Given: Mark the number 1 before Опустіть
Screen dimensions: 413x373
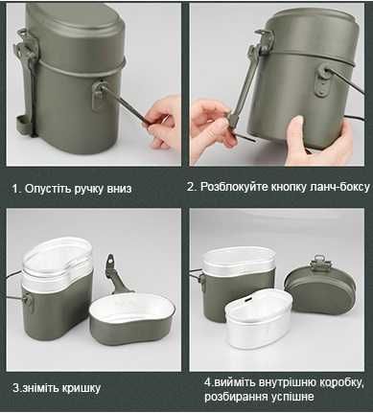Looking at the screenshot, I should (x=15, y=188).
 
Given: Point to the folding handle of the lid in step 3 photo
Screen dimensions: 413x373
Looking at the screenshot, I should (x=115, y=278).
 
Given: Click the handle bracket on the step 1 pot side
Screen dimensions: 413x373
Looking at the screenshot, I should (x=98, y=96).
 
